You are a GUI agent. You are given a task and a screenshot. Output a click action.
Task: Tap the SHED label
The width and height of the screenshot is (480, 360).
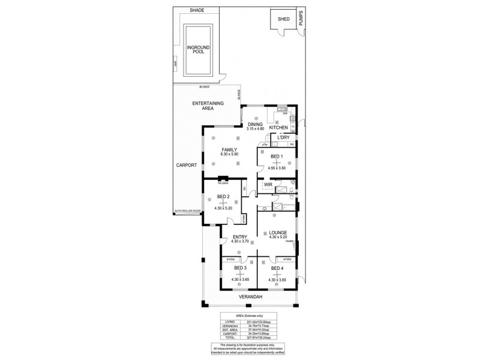283,19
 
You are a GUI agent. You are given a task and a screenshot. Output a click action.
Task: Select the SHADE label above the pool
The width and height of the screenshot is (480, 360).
197,10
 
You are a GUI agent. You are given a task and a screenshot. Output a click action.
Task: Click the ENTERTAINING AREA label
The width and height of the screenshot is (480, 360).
208,106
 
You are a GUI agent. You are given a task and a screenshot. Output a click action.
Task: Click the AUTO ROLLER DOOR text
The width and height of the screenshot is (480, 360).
187,211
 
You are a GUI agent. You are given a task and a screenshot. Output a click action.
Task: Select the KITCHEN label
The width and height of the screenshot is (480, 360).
279,128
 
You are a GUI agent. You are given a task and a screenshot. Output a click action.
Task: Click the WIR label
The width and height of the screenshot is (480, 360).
268,185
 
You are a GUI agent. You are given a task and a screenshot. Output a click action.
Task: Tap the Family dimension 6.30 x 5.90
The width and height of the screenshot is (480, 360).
229,154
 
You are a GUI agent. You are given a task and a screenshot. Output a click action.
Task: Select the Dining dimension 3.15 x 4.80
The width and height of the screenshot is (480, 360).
256,128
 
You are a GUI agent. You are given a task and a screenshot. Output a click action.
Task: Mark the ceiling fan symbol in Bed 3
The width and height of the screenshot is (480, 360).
240,274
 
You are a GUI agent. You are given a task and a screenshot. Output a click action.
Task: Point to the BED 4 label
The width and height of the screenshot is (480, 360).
276,268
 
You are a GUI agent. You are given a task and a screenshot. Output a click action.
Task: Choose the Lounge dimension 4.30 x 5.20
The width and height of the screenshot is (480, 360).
277,237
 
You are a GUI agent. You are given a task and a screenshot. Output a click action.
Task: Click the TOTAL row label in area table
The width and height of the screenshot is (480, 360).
229,338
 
